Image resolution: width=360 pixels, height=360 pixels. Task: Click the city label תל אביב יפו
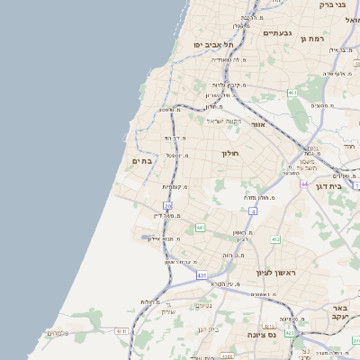pos(212,44)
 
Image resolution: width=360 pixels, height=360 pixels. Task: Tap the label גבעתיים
pos(276,33)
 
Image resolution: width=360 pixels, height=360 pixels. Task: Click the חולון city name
pos(230,153)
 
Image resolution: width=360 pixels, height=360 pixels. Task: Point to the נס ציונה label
pos(251,333)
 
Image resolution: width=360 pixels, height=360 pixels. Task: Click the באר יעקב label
pos(345,312)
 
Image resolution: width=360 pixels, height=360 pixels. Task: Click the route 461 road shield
pos(292,93)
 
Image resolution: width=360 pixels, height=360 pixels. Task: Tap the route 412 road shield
pos(275,238)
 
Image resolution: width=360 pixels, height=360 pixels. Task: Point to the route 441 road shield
pos(202,227)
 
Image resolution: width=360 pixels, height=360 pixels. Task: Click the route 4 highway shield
pos(253,211)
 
